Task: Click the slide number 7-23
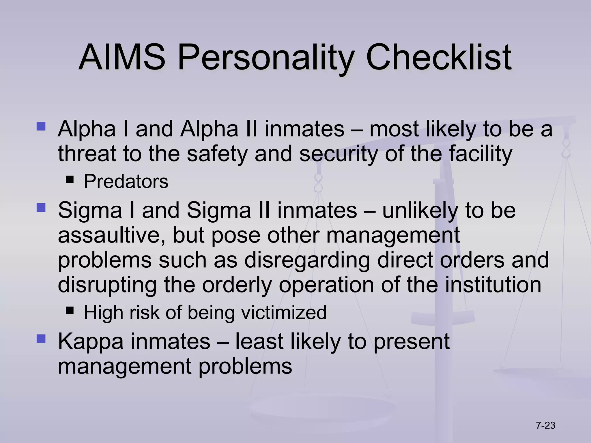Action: tap(545, 425)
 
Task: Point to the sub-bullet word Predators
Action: tap(126, 181)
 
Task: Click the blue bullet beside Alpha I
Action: tap(41, 126)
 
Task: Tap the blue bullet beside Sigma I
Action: tap(41, 208)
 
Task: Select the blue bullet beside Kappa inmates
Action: tap(41, 339)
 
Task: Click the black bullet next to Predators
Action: tap(70, 180)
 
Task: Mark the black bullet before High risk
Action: tap(70, 311)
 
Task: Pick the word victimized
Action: tap(284, 312)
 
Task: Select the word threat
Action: tap(87, 153)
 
